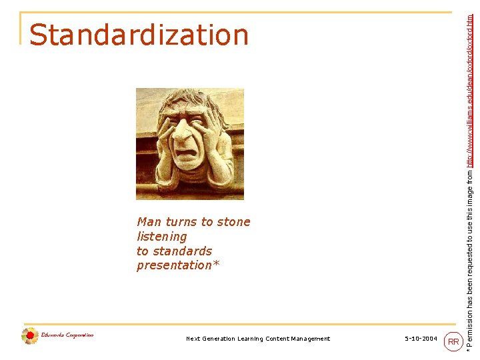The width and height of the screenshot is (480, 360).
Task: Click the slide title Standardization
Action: click(x=139, y=35)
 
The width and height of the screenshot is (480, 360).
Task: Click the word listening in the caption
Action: click(x=162, y=237)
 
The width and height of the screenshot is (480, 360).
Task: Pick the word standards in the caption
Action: click(x=183, y=251)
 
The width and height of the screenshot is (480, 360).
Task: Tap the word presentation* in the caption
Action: click(x=178, y=266)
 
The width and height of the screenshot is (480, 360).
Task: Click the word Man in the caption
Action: click(x=149, y=222)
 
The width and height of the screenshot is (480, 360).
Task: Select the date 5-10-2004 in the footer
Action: click(x=421, y=339)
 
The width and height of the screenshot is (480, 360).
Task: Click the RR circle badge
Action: click(x=453, y=342)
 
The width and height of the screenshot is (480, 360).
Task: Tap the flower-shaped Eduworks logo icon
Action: click(x=29, y=336)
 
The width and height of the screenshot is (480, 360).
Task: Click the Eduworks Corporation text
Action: click(x=67, y=335)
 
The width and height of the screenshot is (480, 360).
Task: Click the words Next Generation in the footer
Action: click(x=208, y=339)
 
